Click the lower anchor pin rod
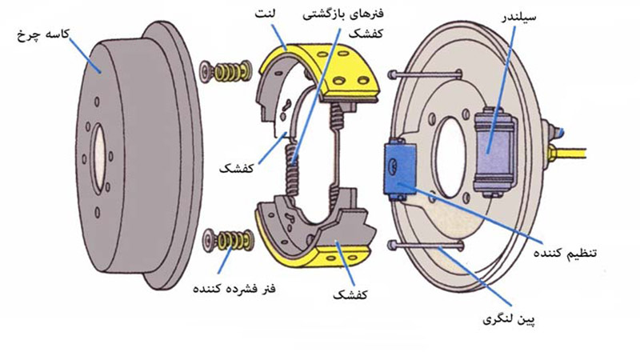click(424, 246)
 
